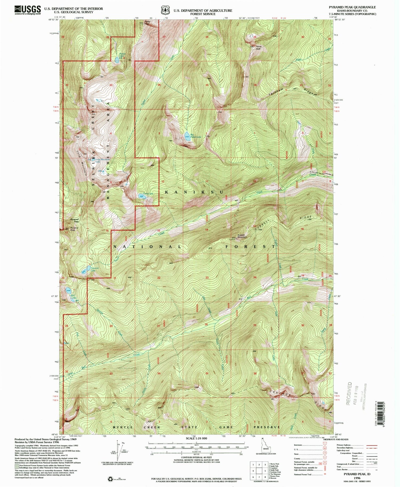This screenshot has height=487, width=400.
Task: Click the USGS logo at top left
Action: (27, 10)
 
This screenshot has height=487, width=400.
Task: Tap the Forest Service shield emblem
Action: (165, 10)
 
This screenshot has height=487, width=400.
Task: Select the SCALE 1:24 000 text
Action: (196, 438)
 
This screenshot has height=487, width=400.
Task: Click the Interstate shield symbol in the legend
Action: (325, 445)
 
